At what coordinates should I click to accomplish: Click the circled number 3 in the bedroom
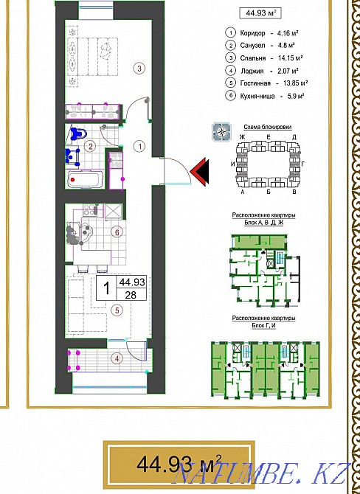(x=139, y=69)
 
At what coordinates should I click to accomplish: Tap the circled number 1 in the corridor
(x=139, y=146)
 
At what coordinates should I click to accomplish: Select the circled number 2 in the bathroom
(x=91, y=147)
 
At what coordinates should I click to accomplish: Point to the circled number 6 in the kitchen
(x=117, y=233)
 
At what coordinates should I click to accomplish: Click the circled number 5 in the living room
(x=117, y=310)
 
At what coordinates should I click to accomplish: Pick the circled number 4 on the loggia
(x=117, y=358)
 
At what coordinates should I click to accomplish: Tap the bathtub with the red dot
(x=84, y=180)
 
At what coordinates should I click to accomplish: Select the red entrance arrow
(x=199, y=171)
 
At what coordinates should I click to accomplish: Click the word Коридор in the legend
(x=252, y=33)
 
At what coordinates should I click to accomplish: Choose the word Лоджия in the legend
(x=252, y=72)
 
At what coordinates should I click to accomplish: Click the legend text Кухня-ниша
(x=257, y=96)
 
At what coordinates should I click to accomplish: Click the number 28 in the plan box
(x=131, y=295)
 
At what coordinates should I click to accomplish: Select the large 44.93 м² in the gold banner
(x=179, y=463)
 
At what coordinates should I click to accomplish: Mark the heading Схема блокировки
(x=268, y=128)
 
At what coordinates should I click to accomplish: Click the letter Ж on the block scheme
(x=242, y=137)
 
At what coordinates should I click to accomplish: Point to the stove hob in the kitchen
(x=90, y=210)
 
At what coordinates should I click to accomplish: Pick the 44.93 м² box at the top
(x=260, y=13)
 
